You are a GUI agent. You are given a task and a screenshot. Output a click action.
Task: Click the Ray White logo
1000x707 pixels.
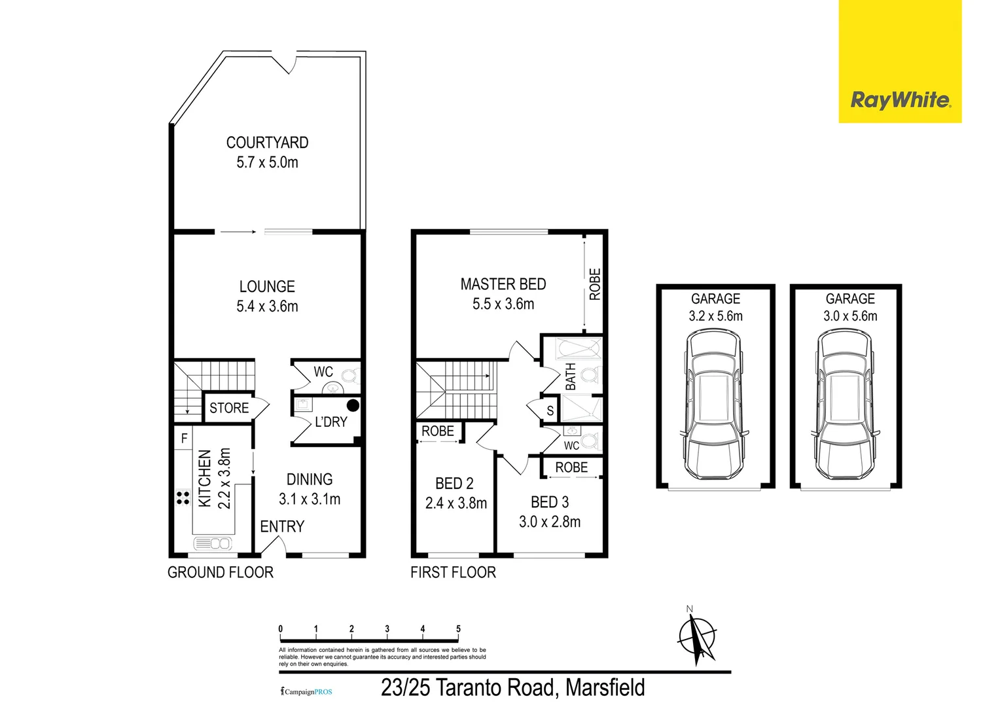coord(900,100)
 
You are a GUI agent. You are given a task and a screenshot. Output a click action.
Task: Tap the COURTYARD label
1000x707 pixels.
coord(267,142)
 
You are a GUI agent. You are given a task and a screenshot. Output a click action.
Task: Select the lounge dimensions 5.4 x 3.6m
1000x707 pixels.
coord(267,306)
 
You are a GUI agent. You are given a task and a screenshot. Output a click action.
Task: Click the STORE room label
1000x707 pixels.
coord(229,408)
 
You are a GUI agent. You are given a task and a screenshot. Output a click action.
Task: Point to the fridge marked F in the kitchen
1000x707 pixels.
coord(185,438)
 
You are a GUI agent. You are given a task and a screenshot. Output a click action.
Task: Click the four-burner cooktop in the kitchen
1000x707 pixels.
coord(183,498)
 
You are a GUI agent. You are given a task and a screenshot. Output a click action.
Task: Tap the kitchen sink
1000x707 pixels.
coord(213,543)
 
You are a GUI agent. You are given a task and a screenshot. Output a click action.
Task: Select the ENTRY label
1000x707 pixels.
coord(282,526)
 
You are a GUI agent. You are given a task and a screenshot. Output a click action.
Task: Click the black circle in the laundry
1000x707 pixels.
coord(353,405)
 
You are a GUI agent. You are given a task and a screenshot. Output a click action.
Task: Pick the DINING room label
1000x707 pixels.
coord(310,479)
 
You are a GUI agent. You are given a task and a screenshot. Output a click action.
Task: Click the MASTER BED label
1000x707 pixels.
coord(503,284)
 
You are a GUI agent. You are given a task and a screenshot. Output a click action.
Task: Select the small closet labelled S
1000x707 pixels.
coord(550,411)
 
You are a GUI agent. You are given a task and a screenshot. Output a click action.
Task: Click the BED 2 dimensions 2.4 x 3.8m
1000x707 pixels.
coord(455,503)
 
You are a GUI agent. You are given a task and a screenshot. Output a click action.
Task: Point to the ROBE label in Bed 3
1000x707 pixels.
coord(571,467)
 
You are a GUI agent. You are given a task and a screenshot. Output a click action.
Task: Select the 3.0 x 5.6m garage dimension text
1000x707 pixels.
coord(850,316)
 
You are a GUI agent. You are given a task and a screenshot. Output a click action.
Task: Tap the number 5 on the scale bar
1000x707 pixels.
coord(458,629)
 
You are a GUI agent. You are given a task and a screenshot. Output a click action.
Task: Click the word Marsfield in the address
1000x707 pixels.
coord(605,688)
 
